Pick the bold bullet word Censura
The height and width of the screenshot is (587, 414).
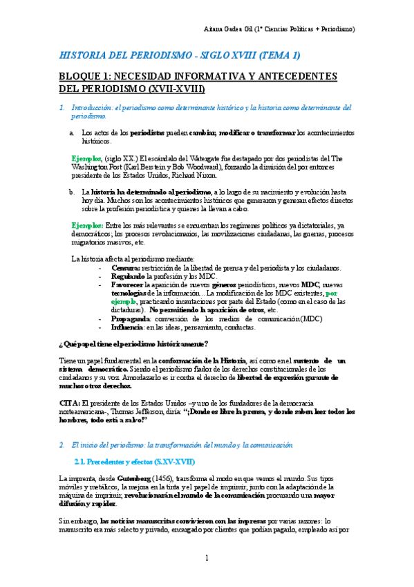125,267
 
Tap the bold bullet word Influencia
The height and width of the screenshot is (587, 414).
129,327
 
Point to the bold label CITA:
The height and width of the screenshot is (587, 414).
70,402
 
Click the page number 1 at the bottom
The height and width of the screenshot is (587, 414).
207,558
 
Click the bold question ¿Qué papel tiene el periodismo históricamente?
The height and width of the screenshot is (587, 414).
134,344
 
